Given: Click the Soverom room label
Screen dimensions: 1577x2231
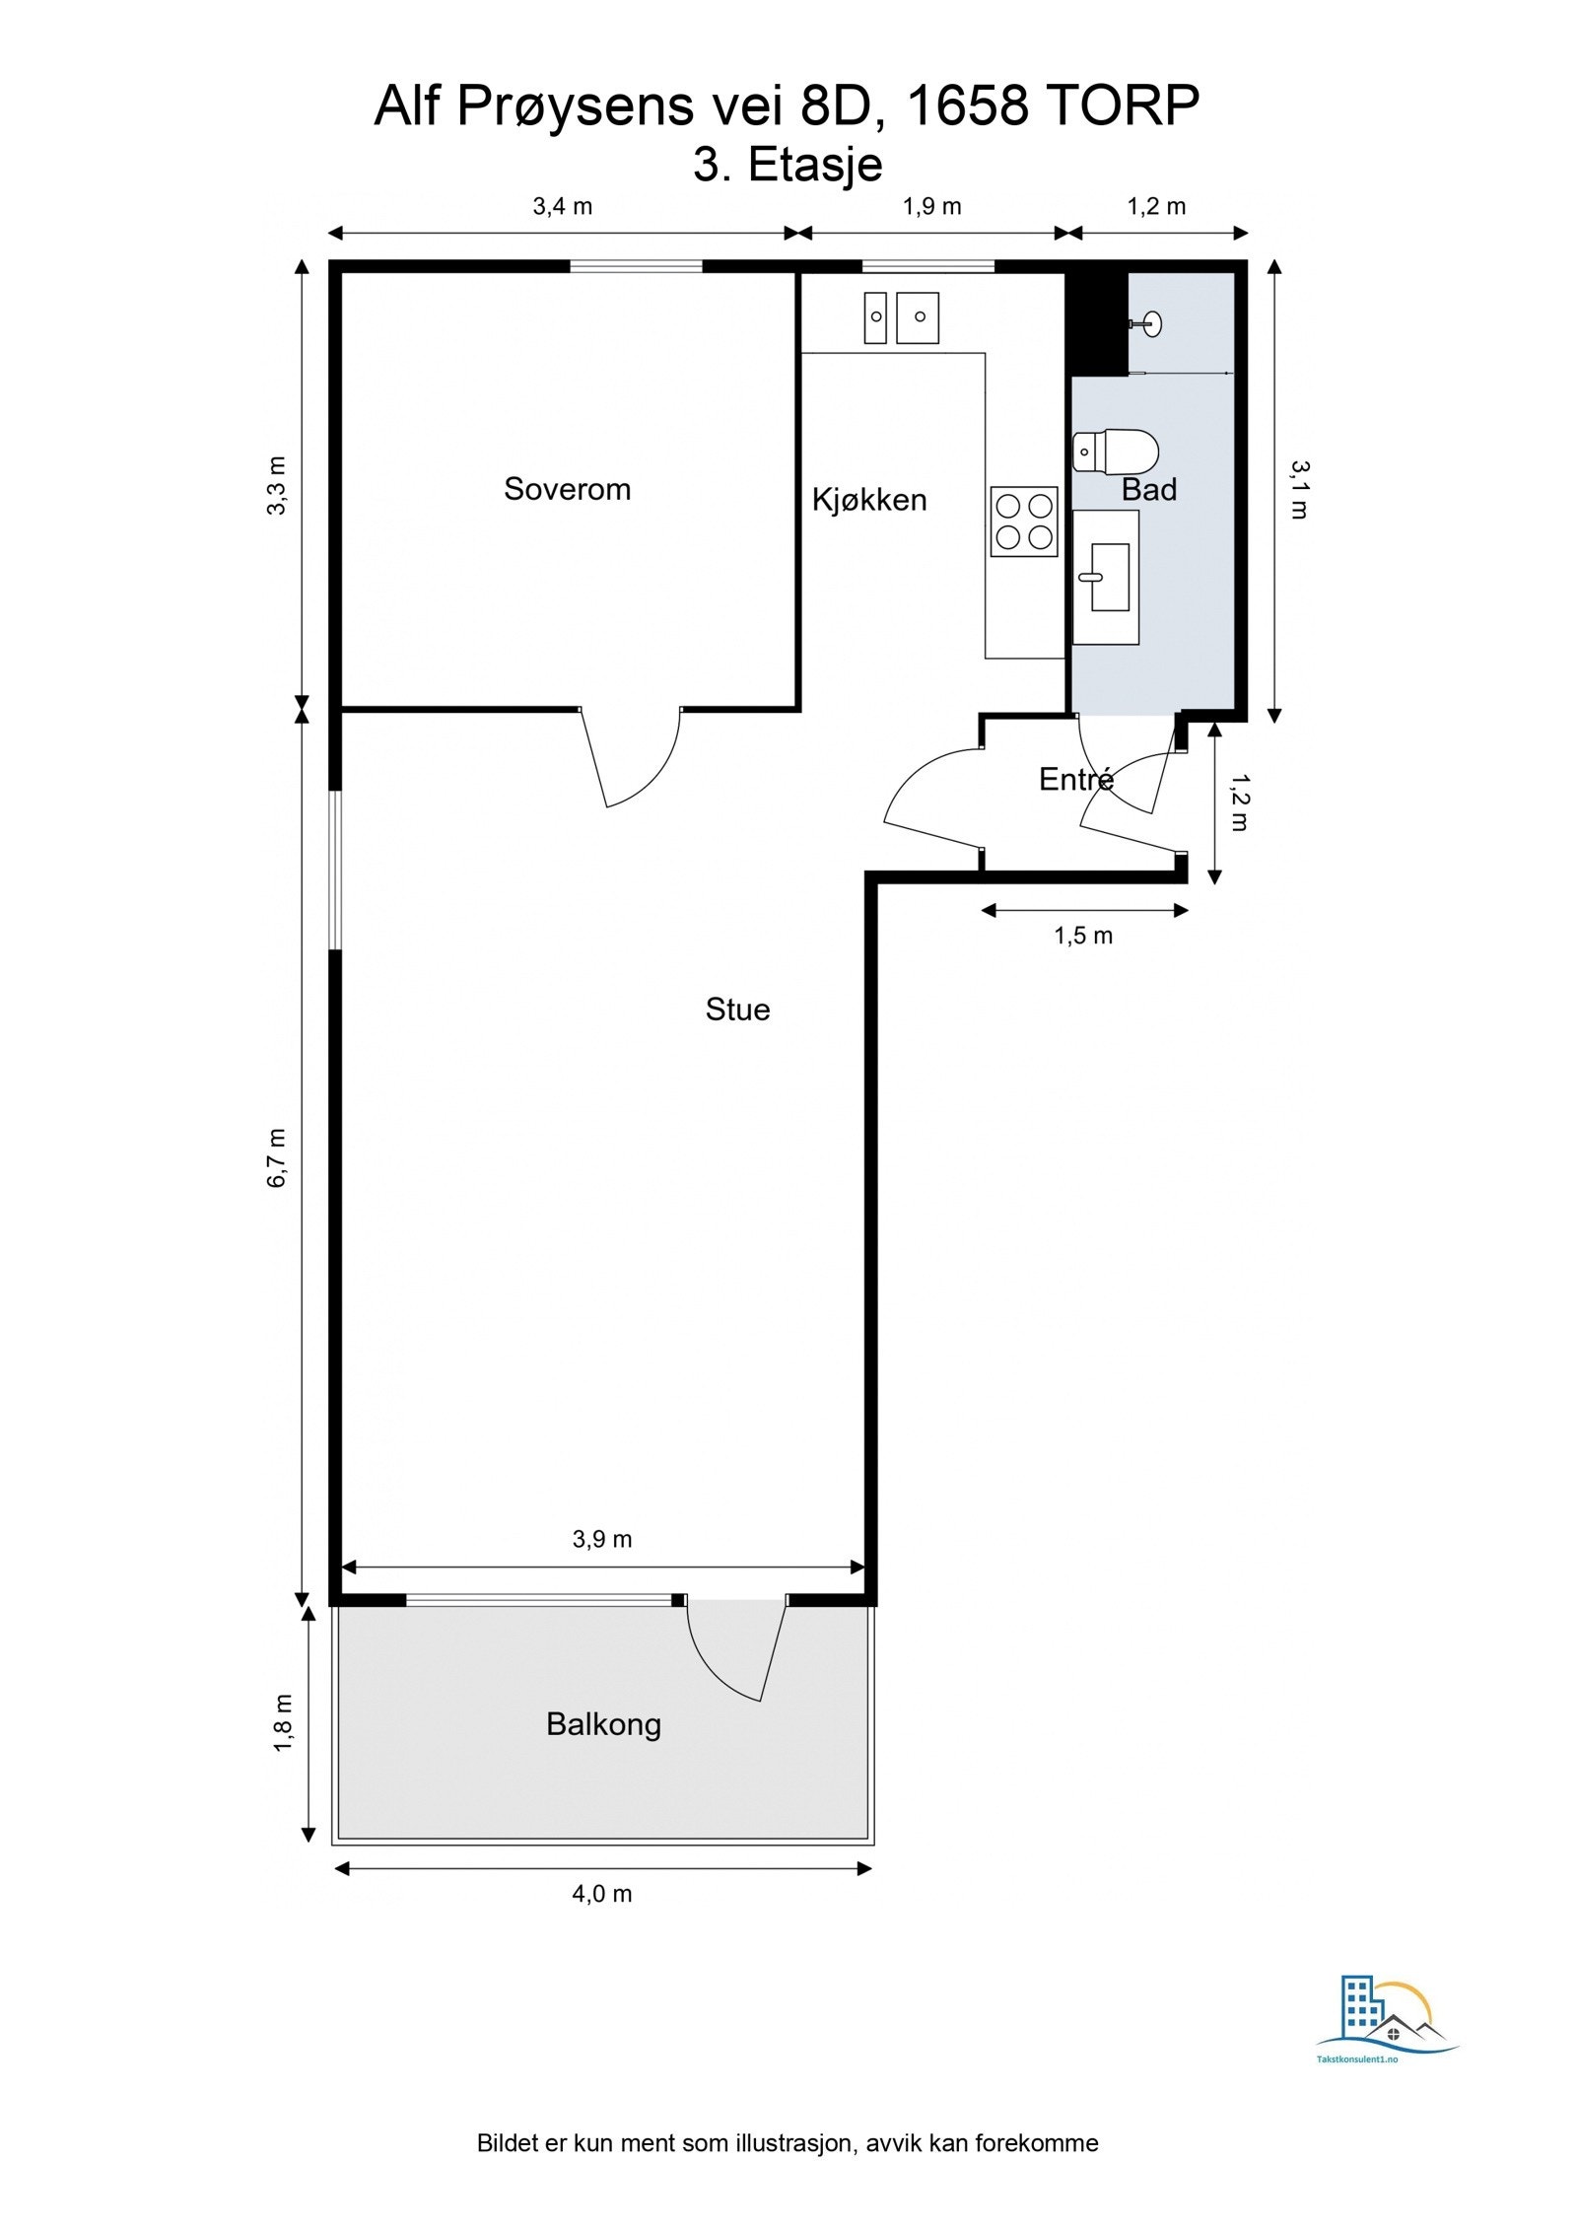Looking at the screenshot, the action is click(x=567, y=489).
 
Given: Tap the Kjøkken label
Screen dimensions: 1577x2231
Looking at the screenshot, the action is click(x=869, y=500).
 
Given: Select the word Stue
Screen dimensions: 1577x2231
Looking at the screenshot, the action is click(x=737, y=1010).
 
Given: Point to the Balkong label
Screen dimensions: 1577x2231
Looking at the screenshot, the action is click(x=603, y=1724).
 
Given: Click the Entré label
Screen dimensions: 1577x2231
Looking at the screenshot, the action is click(x=1076, y=779).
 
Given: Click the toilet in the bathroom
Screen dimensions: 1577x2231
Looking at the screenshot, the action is click(x=1115, y=452).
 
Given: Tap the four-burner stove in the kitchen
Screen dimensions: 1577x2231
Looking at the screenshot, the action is click(x=1024, y=522).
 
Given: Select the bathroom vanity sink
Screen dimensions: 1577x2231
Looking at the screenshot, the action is click(x=1105, y=577).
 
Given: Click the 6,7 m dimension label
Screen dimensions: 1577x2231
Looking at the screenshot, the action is click(x=277, y=1157).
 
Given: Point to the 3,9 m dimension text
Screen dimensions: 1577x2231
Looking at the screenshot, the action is click(x=602, y=1539).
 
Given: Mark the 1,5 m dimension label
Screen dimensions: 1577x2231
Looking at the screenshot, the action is click(x=1083, y=936).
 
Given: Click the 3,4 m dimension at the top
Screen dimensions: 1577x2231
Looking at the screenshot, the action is click(x=563, y=206).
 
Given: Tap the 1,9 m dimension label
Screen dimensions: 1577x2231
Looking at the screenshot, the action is click(x=931, y=206).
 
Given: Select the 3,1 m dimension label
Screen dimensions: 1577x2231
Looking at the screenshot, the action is click(x=1299, y=490).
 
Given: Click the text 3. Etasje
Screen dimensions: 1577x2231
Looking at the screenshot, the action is click(x=788, y=165).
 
